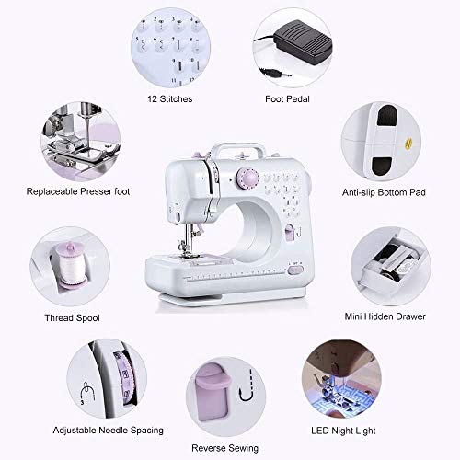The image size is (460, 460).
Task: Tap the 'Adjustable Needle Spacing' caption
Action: pos(109,430)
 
